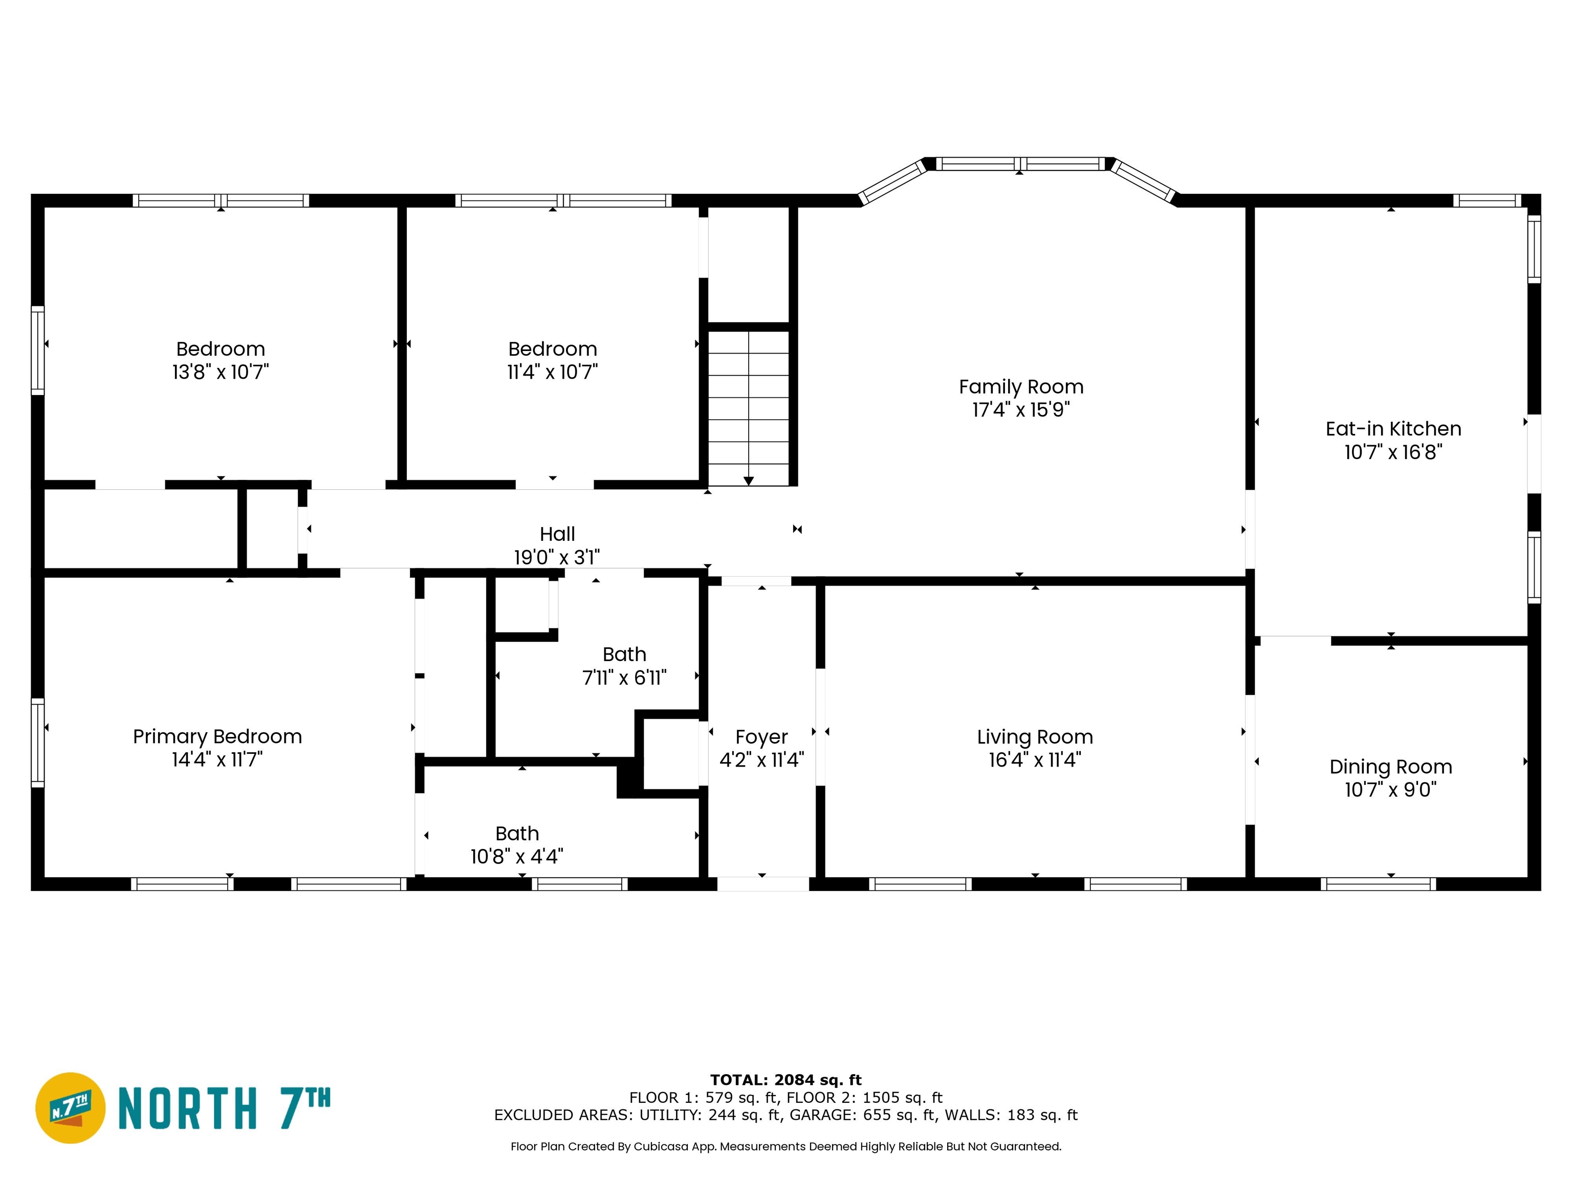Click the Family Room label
point(1021,387)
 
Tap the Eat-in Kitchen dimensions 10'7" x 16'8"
point(1393,452)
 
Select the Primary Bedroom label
point(217,736)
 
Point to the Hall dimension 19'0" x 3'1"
point(557,557)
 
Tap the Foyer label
point(762,737)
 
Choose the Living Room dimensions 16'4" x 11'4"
point(1035,760)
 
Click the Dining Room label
point(1391,767)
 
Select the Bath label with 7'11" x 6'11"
point(625,654)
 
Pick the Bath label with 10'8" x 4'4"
point(517,833)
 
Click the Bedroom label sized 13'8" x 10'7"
point(221,349)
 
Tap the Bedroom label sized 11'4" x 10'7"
point(553,349)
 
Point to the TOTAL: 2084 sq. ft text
point(786,1080)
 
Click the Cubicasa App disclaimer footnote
point(786,1146)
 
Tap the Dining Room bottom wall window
point(1379,884)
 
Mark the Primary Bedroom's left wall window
point(38,743)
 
